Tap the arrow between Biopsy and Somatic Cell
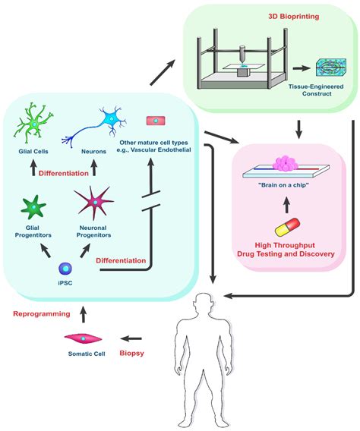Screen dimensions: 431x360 point(112,339)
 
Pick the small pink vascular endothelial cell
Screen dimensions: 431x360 point(155,120)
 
